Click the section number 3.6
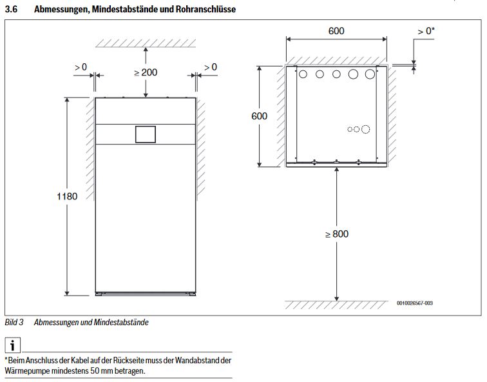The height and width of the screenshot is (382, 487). pos(10,10)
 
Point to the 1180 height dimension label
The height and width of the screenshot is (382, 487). pos(66,196)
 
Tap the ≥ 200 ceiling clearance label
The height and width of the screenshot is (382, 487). pos(146,72)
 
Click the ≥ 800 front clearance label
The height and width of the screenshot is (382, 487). pos(336,234)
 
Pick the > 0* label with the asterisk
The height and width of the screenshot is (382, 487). pos(426,30)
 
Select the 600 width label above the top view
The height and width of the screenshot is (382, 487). pos(336,31)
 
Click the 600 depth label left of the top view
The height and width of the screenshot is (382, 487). pos(259,116)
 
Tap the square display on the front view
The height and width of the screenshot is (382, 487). pos(145,134)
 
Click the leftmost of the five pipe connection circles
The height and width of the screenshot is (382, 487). pos(303,74)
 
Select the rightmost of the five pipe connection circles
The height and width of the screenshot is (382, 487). pos(370,74)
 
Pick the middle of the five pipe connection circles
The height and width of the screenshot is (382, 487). pos(336,74)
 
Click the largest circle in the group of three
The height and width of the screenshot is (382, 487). pos(365,129)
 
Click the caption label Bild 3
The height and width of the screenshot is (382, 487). pos(14,322)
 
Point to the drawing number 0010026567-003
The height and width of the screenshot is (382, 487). pos(414,303)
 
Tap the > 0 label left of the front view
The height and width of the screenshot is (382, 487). pos(81,67)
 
